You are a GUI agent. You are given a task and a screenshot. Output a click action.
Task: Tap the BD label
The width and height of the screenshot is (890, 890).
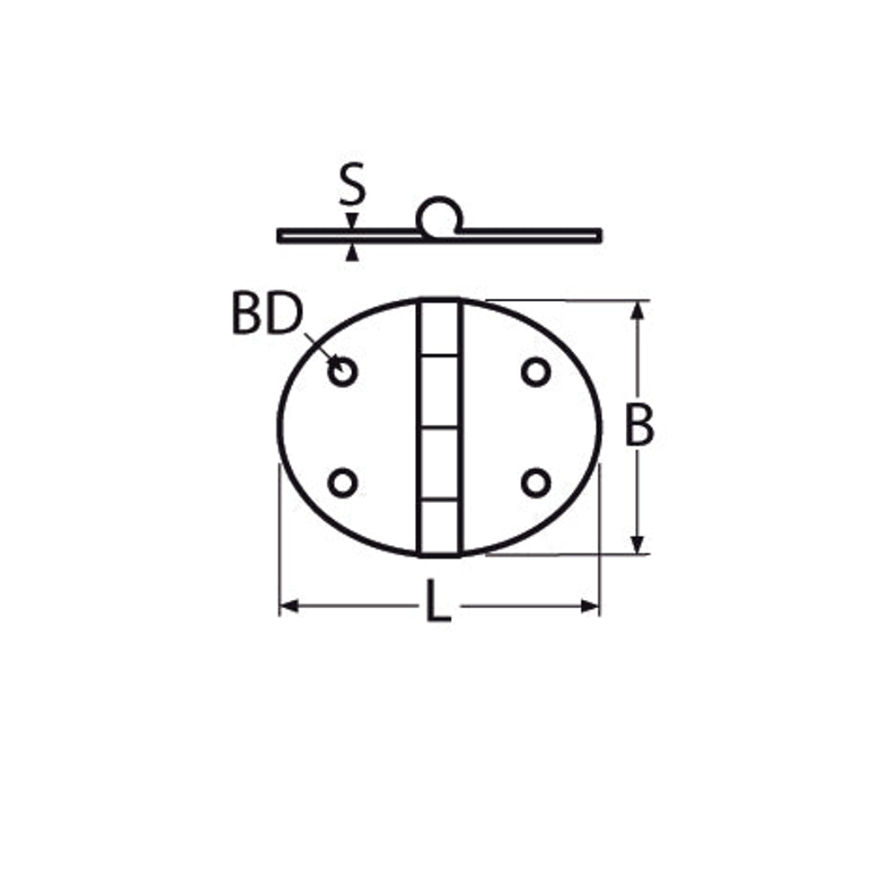click(x=268, y=314)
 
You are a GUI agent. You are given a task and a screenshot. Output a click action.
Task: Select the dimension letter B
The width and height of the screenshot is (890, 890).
click(x=639, y=425)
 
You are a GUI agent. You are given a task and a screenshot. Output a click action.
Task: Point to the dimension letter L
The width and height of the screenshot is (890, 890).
click(x=438, y=601)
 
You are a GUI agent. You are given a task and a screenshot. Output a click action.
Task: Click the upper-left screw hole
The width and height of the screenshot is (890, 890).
click(x=342, y=372)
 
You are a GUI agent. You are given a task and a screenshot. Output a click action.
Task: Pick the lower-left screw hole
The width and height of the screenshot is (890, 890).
click(x=342, y=483)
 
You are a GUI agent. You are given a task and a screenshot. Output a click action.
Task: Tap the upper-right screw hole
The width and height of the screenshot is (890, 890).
click(x=535, y=373)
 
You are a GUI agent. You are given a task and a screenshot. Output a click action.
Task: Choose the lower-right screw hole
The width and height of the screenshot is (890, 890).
click(x=535, y=483)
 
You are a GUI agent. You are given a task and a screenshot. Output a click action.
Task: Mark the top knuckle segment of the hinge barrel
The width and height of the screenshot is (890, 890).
click(x=439, y=328)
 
